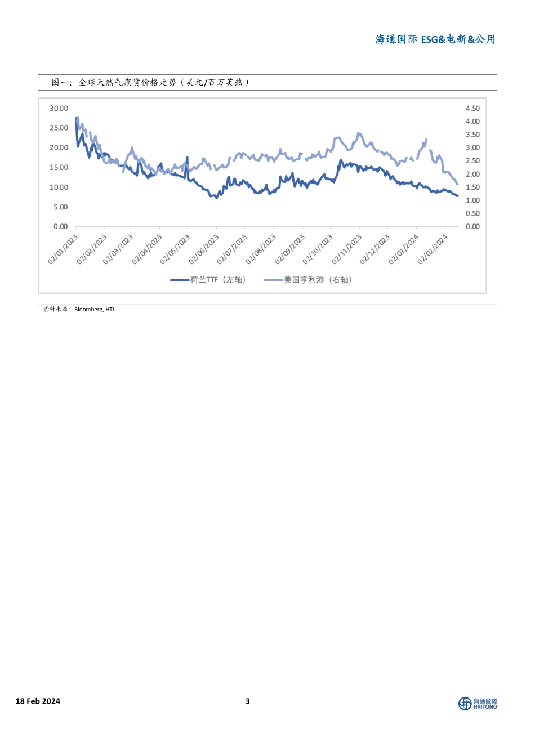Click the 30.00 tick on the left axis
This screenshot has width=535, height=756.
[59, 109]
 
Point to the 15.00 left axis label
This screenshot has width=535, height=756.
[59, 168]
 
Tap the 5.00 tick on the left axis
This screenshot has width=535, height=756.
[60, 207]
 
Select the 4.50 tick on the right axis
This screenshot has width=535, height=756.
[472, 109]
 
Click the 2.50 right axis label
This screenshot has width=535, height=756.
[472, 161]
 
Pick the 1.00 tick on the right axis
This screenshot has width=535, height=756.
[472, 200]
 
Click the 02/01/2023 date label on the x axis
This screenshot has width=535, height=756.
[63, 249]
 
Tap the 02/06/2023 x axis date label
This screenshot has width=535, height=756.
[204, 249]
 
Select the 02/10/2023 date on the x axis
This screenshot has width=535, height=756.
[318, 249]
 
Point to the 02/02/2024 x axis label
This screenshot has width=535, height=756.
[433, 249]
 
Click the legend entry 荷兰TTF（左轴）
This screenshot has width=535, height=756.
[209, 280]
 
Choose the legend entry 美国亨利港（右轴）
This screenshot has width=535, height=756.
[309, 280]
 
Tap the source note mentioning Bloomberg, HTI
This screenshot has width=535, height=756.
[79, 309]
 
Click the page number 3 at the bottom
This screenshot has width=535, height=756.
[248, 701]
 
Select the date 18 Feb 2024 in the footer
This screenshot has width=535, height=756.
[38, 701]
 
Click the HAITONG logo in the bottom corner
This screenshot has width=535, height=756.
[478, 704]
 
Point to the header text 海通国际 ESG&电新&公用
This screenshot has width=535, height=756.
[435, 39]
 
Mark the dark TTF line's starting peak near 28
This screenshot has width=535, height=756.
[77, 118]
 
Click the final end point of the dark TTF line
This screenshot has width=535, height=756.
[458, 196]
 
